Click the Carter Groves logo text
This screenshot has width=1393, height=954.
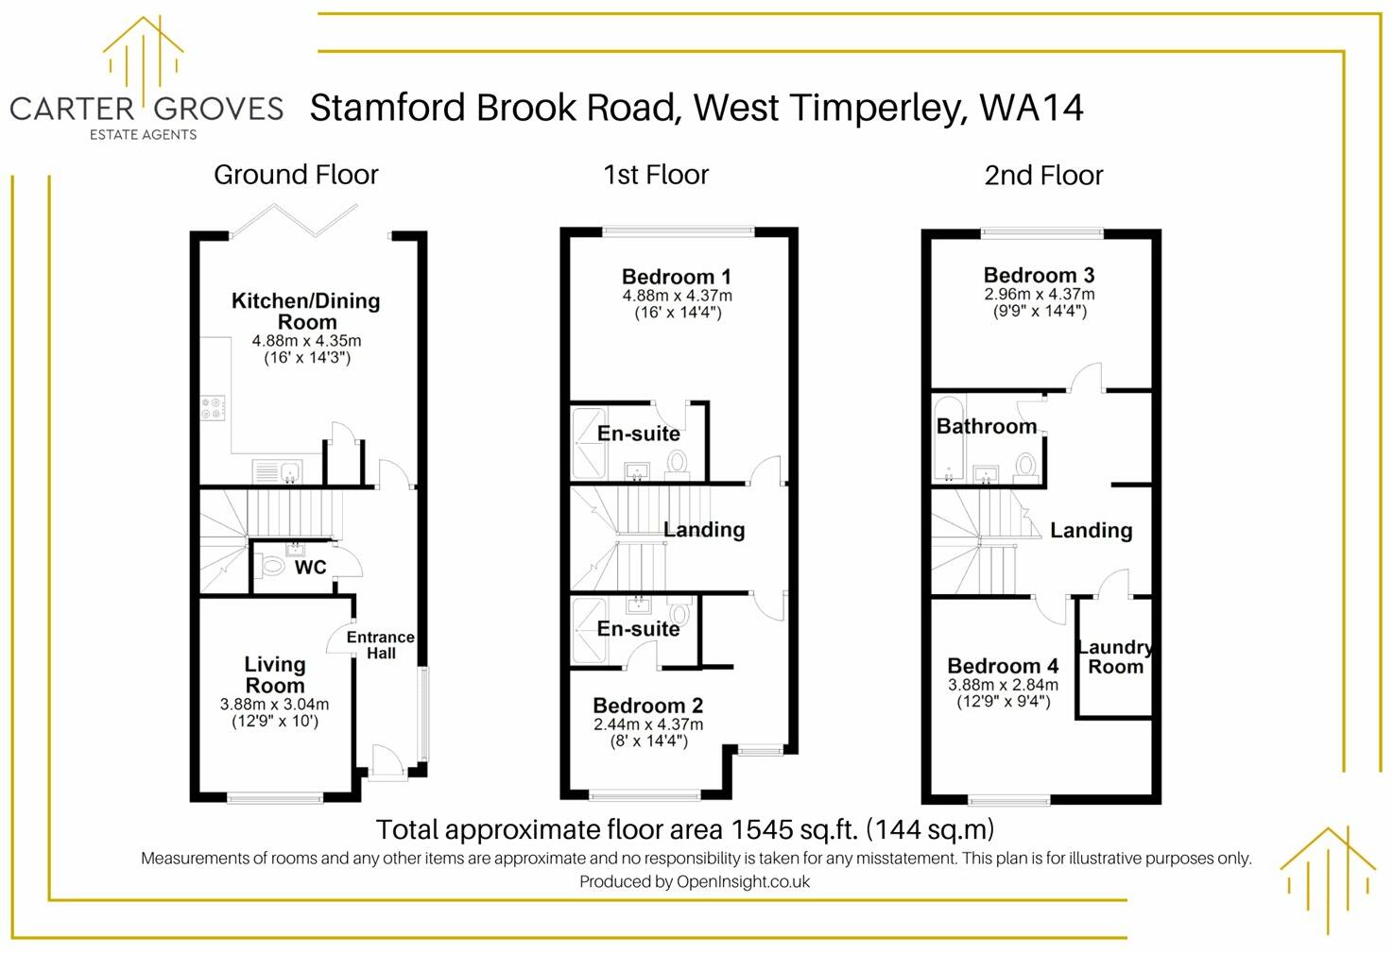(x=146, y=109)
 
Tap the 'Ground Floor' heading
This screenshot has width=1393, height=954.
(x=296, y=175)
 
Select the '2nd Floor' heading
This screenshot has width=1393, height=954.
(x=1043, y=176)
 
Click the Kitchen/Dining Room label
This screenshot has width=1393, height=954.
(x=306, y=311)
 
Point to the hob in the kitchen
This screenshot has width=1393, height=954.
(x=214, y=408)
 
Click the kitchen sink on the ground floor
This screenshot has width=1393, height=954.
(x=276, y=470)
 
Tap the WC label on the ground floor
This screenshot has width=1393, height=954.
(x=310, y=567)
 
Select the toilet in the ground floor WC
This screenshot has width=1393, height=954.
(x=271, y=567)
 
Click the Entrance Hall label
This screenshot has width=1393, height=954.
(x=380, y=645)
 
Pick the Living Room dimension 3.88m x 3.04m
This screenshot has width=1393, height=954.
(x=274, y=704)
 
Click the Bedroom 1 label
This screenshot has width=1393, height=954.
(x=676, y=277)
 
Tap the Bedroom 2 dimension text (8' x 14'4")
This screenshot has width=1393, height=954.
(x=648, y=741)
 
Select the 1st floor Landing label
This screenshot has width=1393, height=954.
(x=704, y=530)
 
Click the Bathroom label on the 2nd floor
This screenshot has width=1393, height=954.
(x=986, y=426)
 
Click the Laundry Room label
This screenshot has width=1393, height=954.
(x=1115, y=656)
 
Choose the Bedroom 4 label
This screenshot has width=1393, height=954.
(x=1003, y=666)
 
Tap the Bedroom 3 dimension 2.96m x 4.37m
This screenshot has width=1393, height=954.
(x=1039, y=294)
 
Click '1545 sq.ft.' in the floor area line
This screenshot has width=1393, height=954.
(x=795, y=829)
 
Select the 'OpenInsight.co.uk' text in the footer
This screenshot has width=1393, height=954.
(x=743, y=881)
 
